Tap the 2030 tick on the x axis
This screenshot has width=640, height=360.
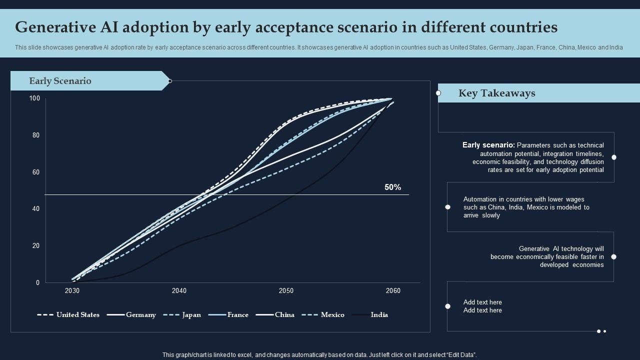pyautogui.click(x=72, y=291)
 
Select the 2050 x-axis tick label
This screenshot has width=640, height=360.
pyautogui.click(x=286, y=291)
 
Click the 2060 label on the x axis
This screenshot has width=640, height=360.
pyautogui.click(x=393, y=291)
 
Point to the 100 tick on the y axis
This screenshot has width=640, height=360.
pyautogui.click(x=34, y=98)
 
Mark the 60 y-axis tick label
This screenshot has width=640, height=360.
pyautogui.click(x=36, y=172)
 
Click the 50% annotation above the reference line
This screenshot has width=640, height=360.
pyautogui.click(x=392, y=187)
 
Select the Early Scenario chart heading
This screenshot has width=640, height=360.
pyautogui.click(x=60, y=81)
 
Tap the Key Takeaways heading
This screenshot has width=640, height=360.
pyautogui.click(x=496, y=93)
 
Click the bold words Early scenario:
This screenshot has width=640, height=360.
pyautogui.click(x=488, y=145)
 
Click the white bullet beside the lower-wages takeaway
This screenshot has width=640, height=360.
pyautogui.click(x=447, y=207)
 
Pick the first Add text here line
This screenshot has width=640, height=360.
pyautogui.click(x=482, y=302)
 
